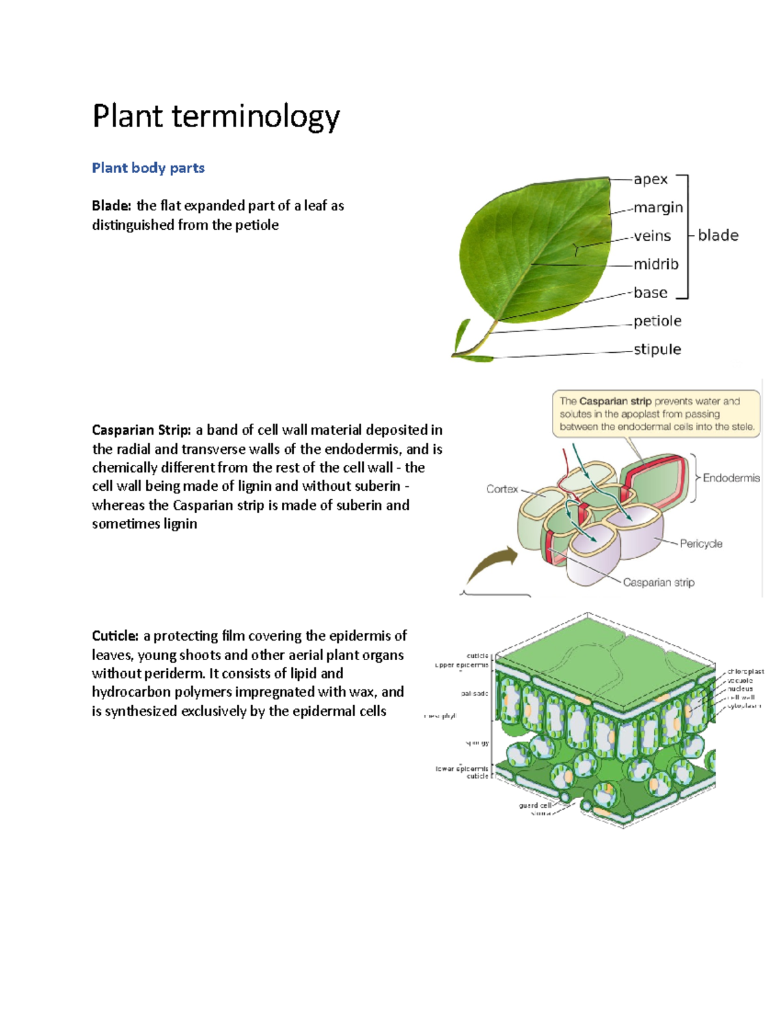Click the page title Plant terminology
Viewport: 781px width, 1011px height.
[x=215, y=117]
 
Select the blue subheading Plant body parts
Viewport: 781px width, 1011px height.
[x=148, y=168]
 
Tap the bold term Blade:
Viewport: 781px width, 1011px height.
[x=111, y=206]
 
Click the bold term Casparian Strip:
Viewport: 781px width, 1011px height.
[x=141, y=430]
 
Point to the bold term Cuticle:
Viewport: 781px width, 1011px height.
[x=115, y=635]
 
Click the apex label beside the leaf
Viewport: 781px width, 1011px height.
[x=651, y=179]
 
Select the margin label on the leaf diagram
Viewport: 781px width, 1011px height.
[x=658, y=207]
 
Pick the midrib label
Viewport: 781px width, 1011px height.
[x=656, y=264]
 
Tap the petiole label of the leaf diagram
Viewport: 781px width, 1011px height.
[x=657, y=320]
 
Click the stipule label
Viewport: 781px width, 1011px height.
[x=657, y=349]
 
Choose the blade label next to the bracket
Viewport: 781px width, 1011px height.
[x=718, y=235]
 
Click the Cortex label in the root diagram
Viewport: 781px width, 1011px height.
[x=502, y=489]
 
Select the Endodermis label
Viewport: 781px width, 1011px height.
[x=731, y=478]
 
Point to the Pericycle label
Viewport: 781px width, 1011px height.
[x=701, y=544]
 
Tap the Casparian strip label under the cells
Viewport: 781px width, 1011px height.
[x=659, y=582]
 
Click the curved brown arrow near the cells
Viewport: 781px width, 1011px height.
[x=491, y=564]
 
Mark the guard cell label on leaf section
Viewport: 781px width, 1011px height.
[x=535, y=805]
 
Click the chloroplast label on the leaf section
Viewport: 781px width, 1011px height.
[x=746, y=671]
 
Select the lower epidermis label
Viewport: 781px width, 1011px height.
[x=462, y=768]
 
